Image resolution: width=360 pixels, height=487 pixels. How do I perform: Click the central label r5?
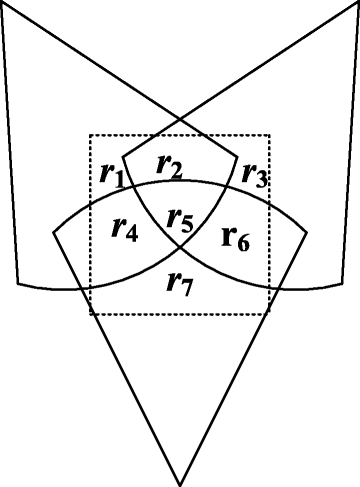pos(180,219)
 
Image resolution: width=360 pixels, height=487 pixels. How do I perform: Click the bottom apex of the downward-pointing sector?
pos(180,485)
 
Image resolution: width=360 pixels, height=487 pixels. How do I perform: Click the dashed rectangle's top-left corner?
pos(91,135)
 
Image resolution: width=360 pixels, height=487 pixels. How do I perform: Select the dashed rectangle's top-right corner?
pos(269,135)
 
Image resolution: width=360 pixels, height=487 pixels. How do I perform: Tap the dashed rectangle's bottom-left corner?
pos(91,314)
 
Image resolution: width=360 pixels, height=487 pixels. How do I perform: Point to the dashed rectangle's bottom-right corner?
pos(269,314)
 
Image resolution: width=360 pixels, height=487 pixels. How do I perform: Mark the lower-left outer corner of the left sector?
pos(17,283)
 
